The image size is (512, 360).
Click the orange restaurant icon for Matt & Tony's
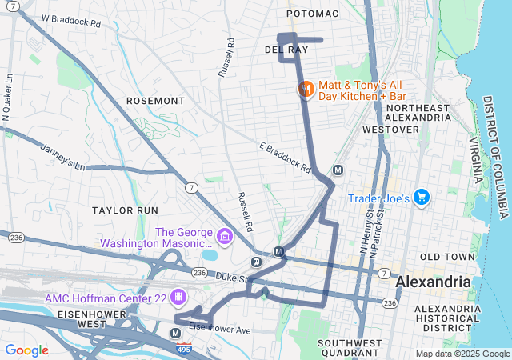pos(305,90)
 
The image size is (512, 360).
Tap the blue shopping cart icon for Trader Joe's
pos(422,198)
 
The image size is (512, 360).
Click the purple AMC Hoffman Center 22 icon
pos(178,297)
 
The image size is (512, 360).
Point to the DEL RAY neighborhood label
pos(286,50)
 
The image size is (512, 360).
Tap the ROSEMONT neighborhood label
pos(155,101)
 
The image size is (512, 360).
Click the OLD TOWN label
pos(442,256)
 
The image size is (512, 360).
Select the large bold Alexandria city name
pos(434,282)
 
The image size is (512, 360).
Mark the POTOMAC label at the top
pos(313,14)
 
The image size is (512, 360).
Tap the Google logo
pos(26,350)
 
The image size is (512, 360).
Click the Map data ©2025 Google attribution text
pos(462,354)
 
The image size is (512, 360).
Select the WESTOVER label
pos(390,129)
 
